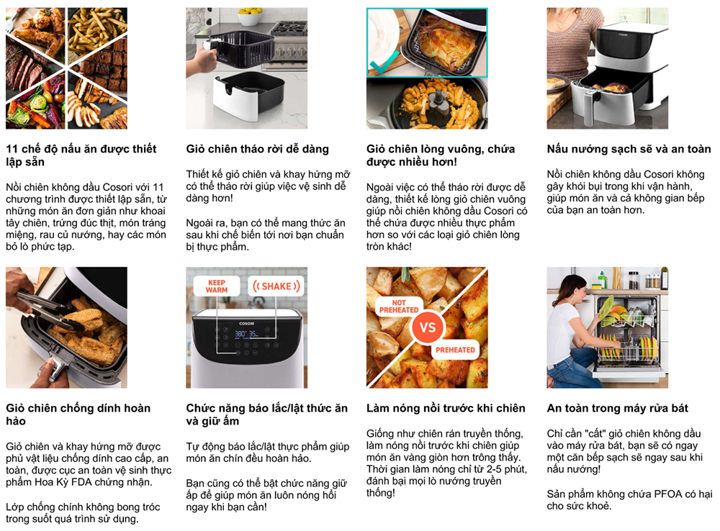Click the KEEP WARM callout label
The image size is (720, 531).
click(x=217, y=286)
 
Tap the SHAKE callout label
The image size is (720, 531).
click(x=276, y=286)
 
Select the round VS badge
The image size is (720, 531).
click(x=428, y=327)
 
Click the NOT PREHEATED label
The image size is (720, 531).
click(x=399, y=307)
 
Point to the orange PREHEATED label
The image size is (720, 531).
click(x=455, y=350)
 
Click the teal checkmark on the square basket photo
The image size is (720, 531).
click(x=384, y=63)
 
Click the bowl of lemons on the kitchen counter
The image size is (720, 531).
click(x=250, y=17)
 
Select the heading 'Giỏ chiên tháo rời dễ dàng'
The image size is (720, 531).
click(x=258, y=149)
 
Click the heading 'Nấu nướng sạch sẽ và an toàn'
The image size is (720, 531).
click(x=629, y=149)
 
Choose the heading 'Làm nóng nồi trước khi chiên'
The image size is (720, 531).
click(x=446, y=409)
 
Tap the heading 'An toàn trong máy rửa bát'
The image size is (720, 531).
click(x=618, y=409)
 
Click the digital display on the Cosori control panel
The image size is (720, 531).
click(x=246, y=334)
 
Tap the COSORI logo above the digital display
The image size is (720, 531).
click(x=246, y=324)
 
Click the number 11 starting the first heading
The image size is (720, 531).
click(x=12, y=149)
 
